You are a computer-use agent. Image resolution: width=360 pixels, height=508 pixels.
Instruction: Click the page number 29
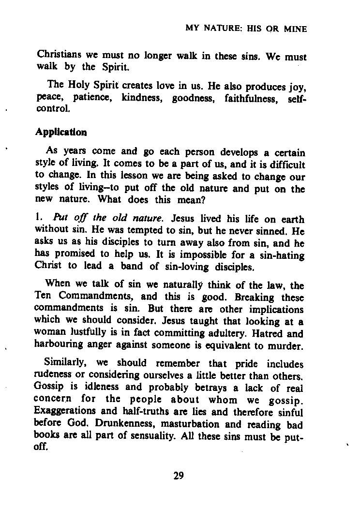(x=179, y=476)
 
